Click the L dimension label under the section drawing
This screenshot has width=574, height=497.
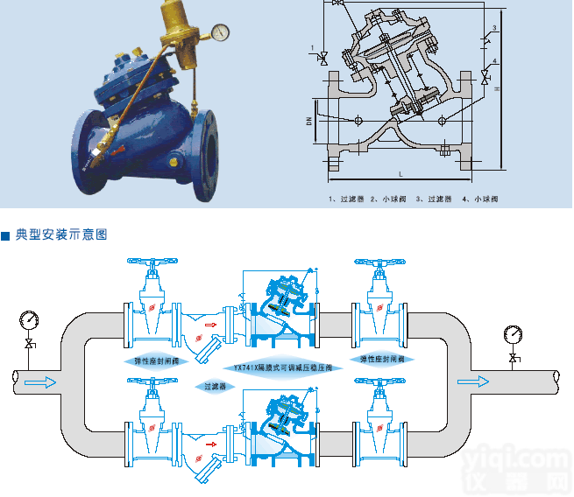[400, 175]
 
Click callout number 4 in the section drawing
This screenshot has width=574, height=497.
[495, 61]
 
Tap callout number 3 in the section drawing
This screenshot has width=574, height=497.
[495, 29]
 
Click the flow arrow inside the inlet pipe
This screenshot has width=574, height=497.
[41, 381]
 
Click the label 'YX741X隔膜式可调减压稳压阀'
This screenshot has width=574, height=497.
[283, 367]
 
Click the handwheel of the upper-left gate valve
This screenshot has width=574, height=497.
[152, 264]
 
